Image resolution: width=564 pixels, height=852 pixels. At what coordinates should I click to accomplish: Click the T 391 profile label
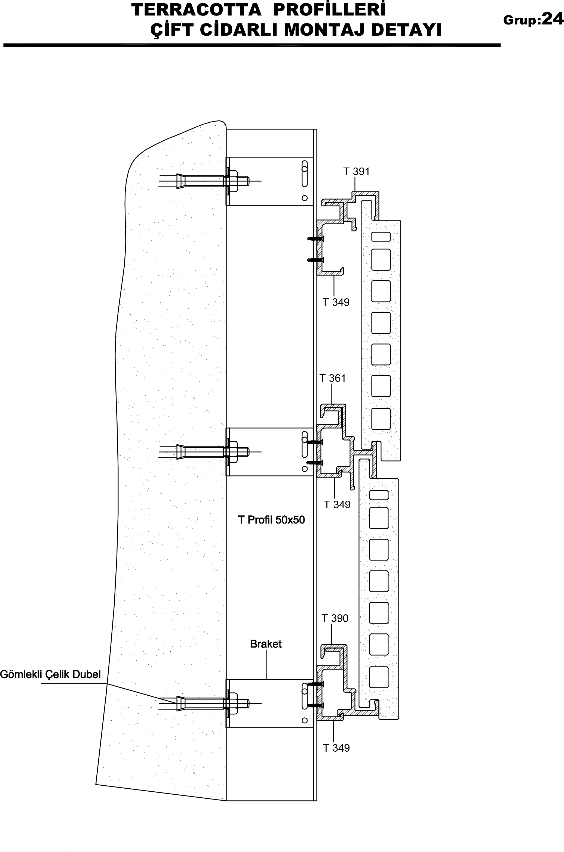[357, 172]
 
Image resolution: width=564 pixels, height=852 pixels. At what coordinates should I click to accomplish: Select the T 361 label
[333, 378]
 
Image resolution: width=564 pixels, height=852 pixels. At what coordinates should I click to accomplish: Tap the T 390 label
[335, 618]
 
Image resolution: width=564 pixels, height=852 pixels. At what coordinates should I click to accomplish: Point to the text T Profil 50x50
[272, 520]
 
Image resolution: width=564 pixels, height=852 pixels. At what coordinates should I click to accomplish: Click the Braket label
[266, 644]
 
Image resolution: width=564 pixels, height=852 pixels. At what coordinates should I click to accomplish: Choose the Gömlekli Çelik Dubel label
[50, 674]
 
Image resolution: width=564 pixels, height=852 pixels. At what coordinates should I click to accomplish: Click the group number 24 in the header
[553, 19]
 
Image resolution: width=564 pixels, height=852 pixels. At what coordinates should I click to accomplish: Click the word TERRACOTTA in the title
[197, 10]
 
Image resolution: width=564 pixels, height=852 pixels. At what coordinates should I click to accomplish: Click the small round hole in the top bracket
[305, 198]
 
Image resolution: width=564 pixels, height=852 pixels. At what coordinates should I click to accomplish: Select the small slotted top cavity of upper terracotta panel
[381, 236]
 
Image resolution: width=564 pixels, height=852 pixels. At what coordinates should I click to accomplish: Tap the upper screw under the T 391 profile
[316, 238]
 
